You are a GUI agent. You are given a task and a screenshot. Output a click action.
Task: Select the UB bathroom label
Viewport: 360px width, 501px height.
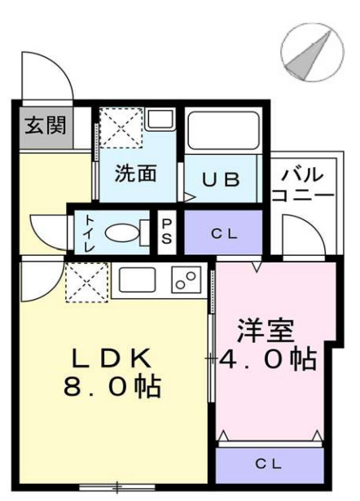point(221,180)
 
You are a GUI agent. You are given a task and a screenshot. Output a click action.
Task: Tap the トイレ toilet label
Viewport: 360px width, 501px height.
point(86,232)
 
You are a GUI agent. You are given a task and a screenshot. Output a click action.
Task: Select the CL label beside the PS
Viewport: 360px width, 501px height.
point(223,234)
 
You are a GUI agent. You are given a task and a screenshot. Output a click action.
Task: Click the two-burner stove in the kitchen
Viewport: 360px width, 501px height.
point(187,281)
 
